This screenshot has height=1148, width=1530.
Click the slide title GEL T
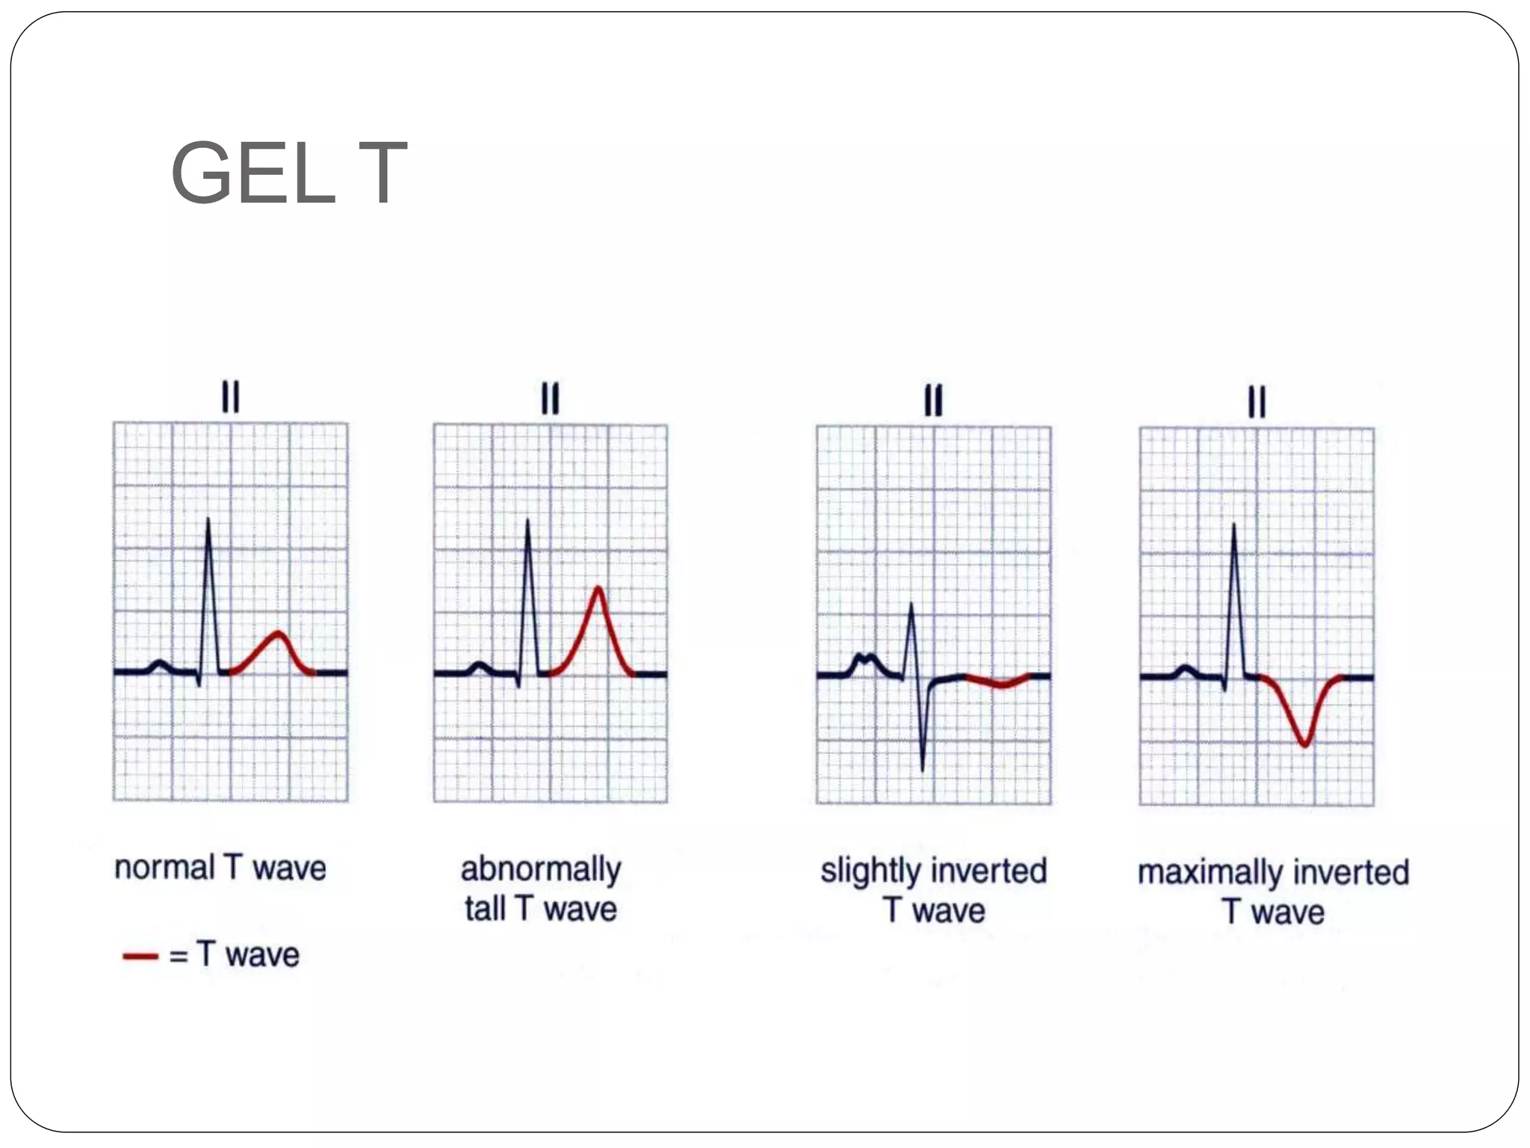click(288, 173)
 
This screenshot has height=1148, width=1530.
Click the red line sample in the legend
click(140, 956)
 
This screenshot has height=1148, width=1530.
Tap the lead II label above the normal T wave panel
click(230, 396)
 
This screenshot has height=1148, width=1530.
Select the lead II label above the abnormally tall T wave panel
click(550, 398)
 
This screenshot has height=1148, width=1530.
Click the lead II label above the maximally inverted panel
click(1257, 401)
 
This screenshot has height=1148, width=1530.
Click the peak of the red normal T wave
click(279, 633)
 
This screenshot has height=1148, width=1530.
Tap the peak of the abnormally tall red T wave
click(598, 587)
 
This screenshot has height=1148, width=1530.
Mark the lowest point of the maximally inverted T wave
click(1304, 744)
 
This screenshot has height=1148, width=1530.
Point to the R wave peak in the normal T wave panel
click(208, 519)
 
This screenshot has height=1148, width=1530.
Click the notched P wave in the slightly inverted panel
click(864, 658)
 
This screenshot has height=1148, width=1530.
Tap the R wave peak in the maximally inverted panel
click(1233, 525)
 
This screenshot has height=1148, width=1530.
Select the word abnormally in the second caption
click(541, 870)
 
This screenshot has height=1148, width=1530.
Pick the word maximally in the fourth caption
click(1210, 873)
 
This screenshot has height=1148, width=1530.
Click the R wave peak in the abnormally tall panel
click(527, 520)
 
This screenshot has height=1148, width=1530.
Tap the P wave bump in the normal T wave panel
click(158, 663)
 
